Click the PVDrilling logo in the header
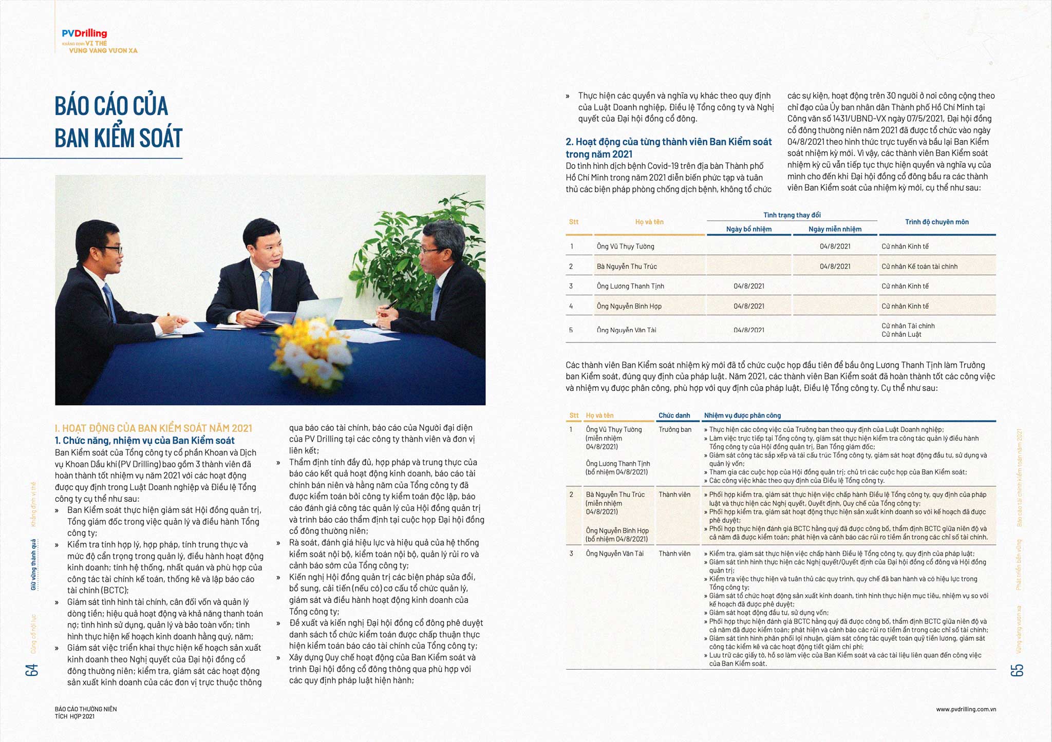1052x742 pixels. coord(84,34)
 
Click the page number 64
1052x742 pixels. coord(32,670)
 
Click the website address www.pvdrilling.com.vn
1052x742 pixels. coord(966,709)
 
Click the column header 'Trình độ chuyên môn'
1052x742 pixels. coord(936,222)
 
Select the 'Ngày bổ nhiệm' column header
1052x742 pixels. coord(748,229)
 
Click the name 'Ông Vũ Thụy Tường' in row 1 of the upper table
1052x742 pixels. coord(625,246)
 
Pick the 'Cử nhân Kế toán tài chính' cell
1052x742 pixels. coord(919,267)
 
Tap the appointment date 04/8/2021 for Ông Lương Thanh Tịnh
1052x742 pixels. coord(748,286)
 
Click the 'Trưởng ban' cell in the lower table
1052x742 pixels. coord(675,430)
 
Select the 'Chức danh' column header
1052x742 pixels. coord(674,415)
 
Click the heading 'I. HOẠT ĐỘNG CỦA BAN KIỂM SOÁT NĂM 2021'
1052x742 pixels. coord(154,428)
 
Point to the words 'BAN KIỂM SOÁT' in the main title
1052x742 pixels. coord(119,138)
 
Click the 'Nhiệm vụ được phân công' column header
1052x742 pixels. coord(742,415)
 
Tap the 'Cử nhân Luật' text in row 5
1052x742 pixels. coord(901,334)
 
